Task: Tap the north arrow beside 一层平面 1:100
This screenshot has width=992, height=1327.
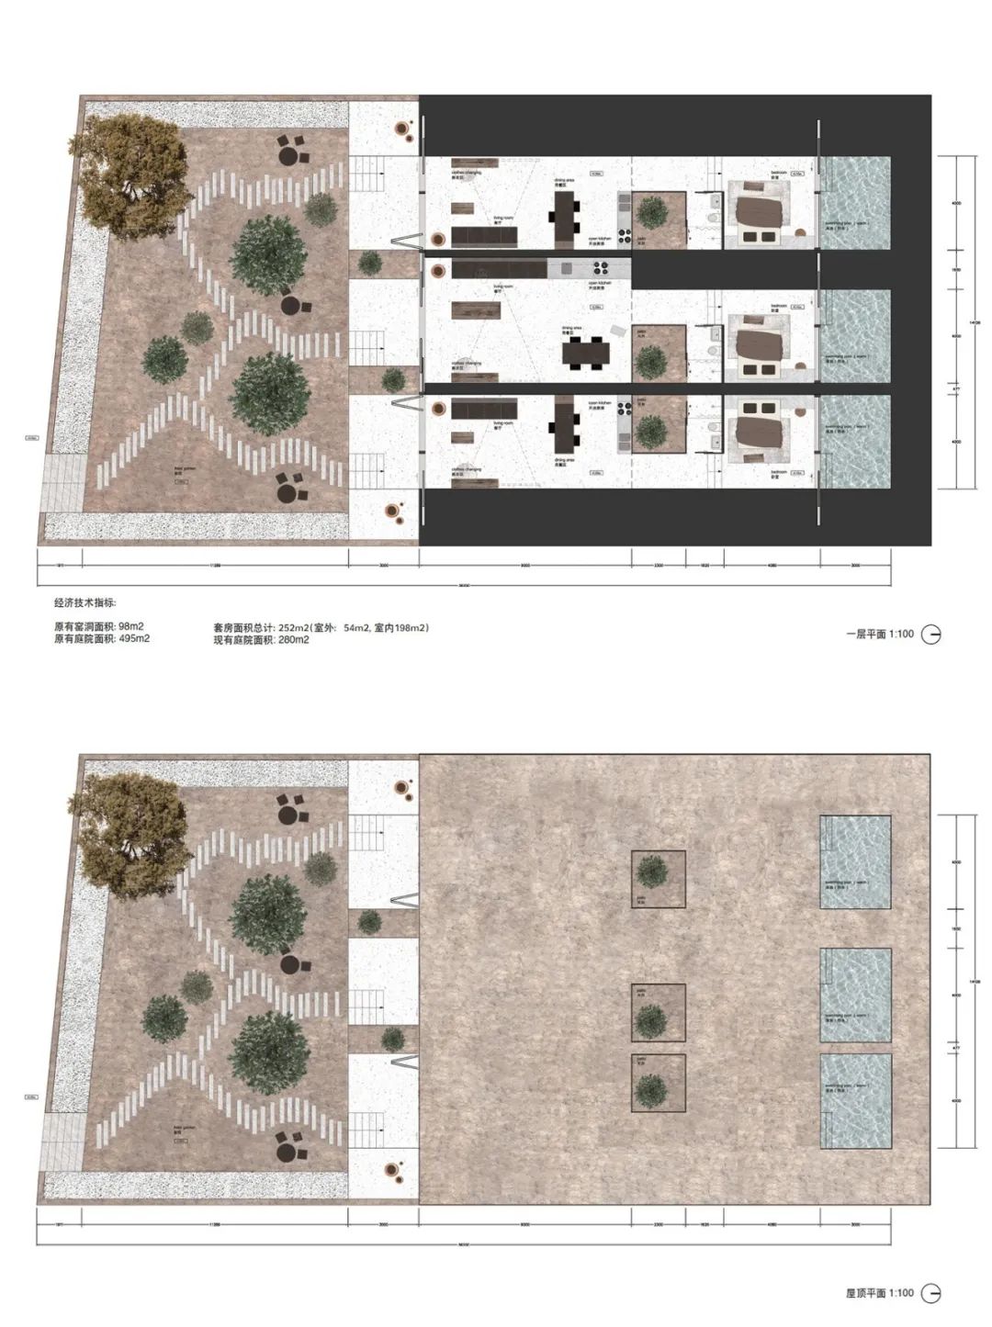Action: [930, 634]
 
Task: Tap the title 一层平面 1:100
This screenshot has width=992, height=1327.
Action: [879, 634]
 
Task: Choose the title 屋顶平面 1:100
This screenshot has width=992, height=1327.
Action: [879, 1293]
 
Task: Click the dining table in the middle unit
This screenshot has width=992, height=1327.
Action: [586, 351]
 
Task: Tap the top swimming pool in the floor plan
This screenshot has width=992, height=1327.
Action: [854, 202]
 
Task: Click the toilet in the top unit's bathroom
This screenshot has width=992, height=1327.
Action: [713, 219]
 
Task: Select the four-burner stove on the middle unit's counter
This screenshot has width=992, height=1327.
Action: [606, 269]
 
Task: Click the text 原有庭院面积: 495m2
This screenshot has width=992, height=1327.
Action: [103, 638]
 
